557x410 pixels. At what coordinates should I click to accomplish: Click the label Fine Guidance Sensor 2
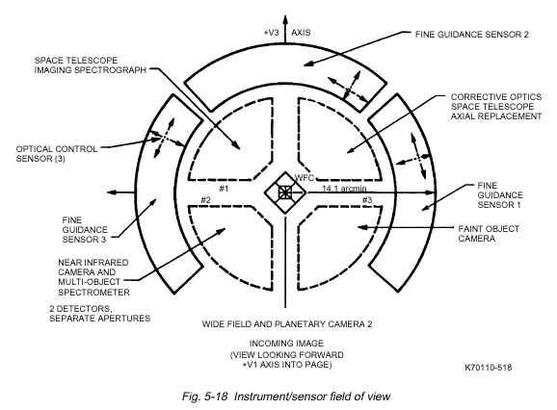click(472, 35)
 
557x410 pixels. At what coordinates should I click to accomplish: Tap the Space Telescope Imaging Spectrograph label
click(91, 65)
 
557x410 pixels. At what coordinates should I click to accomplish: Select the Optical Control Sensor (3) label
click(57, 154)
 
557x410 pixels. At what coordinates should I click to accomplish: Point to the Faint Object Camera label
click(489, 233)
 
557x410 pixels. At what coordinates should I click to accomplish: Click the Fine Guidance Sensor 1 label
click(500, 195)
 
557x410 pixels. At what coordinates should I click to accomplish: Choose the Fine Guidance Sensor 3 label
click(85, 230)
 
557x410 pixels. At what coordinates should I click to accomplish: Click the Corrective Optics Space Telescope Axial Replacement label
click(496, 107)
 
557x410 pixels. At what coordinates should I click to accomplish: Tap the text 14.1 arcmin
click(344, 189)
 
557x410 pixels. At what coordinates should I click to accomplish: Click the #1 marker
click(224, 189)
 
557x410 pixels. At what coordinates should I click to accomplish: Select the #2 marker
click(205, 200)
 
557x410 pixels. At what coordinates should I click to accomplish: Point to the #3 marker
click(367, 200)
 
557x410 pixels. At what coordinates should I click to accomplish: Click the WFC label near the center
click(305, 177)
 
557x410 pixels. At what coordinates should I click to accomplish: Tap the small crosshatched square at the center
click(284, 192)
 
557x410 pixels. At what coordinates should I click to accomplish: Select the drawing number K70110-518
click(488, 367)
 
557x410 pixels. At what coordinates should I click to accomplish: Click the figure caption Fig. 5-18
click(204, 397)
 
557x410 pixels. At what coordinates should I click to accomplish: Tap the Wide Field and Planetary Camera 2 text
click(287, 323)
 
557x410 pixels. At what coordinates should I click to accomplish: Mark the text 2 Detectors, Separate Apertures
click(100, 314)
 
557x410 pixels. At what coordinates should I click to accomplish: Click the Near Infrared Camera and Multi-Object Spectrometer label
click(93, 277)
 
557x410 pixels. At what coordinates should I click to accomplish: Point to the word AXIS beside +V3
click(301, 33)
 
